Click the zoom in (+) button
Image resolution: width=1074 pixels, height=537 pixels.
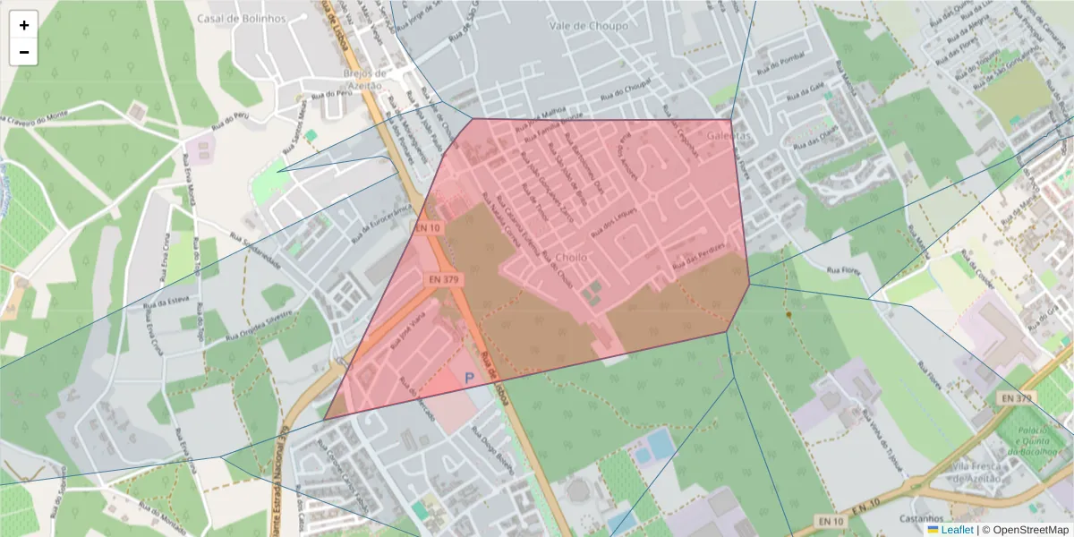(24, 25)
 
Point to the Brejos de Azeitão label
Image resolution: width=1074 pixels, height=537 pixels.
(363, 79)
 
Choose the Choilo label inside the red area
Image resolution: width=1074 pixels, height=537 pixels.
(572, 258)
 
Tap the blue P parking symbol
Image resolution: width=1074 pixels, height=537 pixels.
(469, 379)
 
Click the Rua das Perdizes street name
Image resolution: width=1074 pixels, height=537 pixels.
(697, 261)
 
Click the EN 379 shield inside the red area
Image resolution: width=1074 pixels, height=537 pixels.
(443, 280)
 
